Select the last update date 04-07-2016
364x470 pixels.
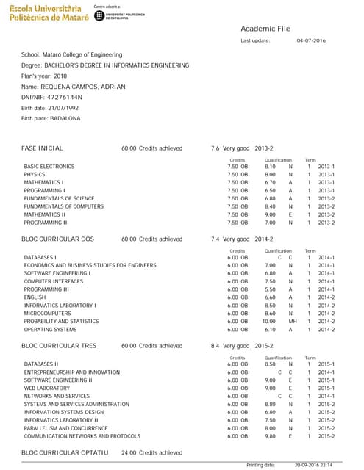pyautogui.click(x=311, y=40)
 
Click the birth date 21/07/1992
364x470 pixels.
pyautogui.click(x=59, y=108)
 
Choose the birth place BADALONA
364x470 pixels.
pyautogui.click(x=65, y=118)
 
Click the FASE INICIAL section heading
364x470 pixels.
pyautogui.click(x=42, y=148)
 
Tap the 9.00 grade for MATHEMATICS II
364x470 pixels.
pyautogui.click(x=270, y=214)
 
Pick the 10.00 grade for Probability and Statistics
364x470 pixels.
pyautogui.click(x=268, y=321)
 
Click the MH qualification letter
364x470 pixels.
pyautogui.click(x=292, y=321)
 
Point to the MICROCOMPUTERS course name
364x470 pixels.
pyautogui.click(x=46, y=313)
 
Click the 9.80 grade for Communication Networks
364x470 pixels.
pyautogui.click(x=270, y=436)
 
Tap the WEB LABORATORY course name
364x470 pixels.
pyautogui.click(x=47, y=388)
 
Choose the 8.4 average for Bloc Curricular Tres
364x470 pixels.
pyautogui.click(x=215, y=345)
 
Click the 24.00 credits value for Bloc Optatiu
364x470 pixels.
pyautogui.click(x=129, y=452)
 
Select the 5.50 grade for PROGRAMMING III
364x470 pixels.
pyautogui.click(x=270, y=289)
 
